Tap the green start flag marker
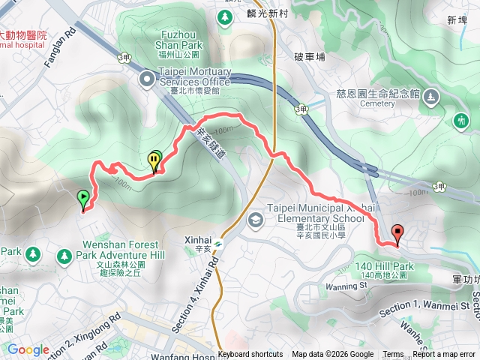tap(82, 199)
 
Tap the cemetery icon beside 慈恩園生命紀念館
tap(430, 97)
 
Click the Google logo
tap(28, 349)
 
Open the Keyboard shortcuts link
tap(250, 355)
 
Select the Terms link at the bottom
tap(393, 355)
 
